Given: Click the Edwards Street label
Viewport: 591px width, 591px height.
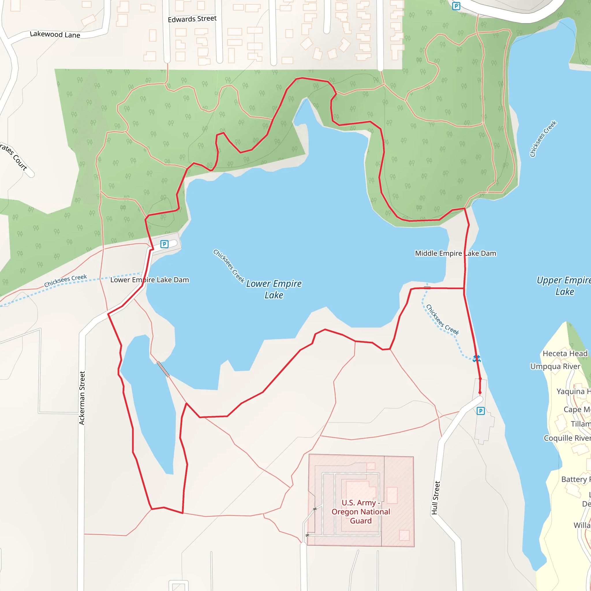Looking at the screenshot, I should pyautogui.click(x=192, y=19).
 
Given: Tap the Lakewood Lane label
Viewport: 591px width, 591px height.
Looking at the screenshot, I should pyautogui.click(x=55, y=34).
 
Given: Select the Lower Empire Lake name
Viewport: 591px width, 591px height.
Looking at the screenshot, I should pyautogui.click(x=274, y=289).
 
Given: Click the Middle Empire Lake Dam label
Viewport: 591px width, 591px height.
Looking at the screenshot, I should pyautogui.click(x=455, y=253).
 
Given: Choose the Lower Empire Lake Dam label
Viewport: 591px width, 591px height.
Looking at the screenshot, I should pyautogui.click(x=149, y=280).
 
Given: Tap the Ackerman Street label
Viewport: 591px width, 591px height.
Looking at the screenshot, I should pyautogui.click(x=82, y=398).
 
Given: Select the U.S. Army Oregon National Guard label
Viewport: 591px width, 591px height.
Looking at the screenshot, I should pyautogui.click(x=361, y=511).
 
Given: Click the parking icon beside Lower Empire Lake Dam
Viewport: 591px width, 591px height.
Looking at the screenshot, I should pyautogui.click(x=164, y=244).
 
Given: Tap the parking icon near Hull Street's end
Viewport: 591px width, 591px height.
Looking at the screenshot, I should pyautogui.click(x=480, y=411).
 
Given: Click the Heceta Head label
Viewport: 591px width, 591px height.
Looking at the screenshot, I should pyautogui.click(x=565, y=353).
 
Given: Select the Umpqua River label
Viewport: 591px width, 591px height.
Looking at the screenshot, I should pyautogui.click(x=555, y=366).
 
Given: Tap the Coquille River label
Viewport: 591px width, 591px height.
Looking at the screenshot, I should pyautogui.click(x=567, y=438).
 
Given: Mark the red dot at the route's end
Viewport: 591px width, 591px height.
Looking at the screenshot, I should pyautogui.click(x=480, y=392).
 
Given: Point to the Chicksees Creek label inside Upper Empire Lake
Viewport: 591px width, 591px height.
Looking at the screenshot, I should pyautogui.click(x=543, y=139).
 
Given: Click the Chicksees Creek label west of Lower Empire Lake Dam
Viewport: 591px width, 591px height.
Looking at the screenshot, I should pyautogui.click(x=66, y=280).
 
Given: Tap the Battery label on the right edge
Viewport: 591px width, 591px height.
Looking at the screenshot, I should pyautogui.click(x=574, y=479).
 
